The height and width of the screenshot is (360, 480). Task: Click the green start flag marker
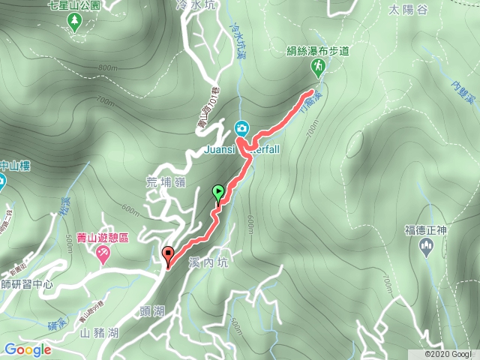coord(218,193)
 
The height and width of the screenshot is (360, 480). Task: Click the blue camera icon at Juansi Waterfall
coord(242,128)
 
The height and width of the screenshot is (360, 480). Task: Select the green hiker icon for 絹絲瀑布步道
coord(318,68)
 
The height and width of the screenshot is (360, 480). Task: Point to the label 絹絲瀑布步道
coord(318,52)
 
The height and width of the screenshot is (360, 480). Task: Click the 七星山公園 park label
coord(73,5)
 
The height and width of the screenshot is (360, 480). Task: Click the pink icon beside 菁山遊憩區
coord(103,255)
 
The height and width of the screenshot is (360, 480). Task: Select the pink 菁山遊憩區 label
coord(105,238)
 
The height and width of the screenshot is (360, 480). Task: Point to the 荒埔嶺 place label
coord(165,180)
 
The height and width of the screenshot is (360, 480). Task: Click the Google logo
coord(28,349)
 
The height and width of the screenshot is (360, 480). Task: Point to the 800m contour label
coord(107,68)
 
